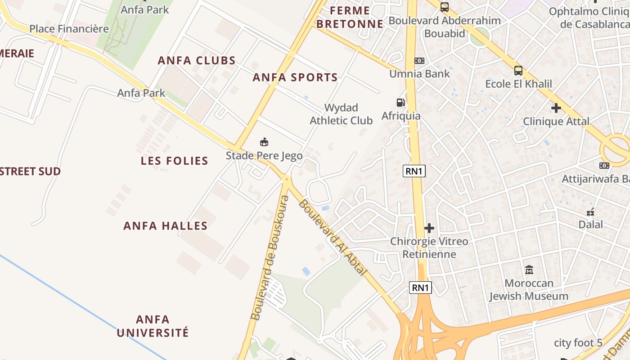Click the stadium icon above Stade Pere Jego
pyautogui.click(x=264, y=142)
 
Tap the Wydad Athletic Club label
pyautogui.click(x=341, y=114)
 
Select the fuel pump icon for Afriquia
pyautogui.click(x=400, y=103)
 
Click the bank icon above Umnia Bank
pyautogui.click(x=419, y=60)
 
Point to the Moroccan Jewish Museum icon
pyautogui.click(x=529, y=270)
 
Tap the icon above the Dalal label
pyautogui.click(x=590, y=211)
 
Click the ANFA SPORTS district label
pyautogui.click(x=295, y=77)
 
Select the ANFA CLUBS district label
pyautogui.click(x=197, y=60)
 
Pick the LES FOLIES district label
pyautogui.click(x=174, y=161)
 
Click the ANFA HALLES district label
pyautogui.click(x=166, y=226)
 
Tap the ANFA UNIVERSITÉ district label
pyautogui.click(x=153, y=326)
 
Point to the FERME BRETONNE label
pyautogui.click(x=350, y=17)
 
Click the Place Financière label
pyautogui.click(x=69, y=29)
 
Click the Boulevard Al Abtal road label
pyautogui.click(x=333, y=237)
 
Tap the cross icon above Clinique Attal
pyautogui.click(x=556, y=108)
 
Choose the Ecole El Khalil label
pyautogui.click(x=518, y=84)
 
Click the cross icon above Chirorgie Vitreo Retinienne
pyautogui.click(x=429, y=228)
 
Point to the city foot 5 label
pyautogui.click(x=578, y=343)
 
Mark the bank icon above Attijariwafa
pyautogui.click(x=604, y=166)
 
